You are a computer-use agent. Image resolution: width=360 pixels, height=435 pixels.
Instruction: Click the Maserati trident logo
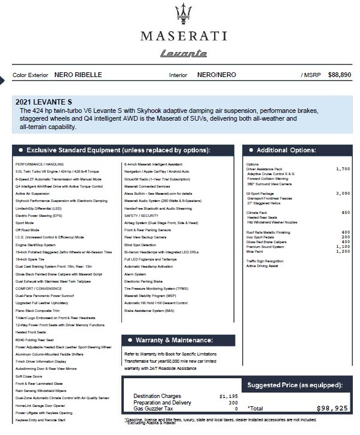tap(180, 14)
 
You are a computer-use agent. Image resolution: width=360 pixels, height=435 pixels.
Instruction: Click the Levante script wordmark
tap(179, 53)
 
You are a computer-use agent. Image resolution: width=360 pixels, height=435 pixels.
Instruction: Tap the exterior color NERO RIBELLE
tap(78, 75)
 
